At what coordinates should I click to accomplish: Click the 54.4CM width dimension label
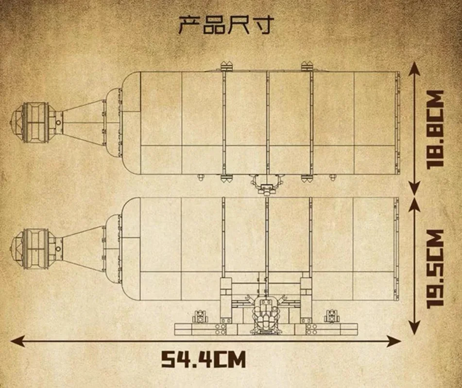203,359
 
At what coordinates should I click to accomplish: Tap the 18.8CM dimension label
435,129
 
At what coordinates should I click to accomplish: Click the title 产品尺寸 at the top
226,25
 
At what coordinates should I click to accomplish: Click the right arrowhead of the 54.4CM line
394,341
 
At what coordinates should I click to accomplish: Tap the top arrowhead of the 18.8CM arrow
415,70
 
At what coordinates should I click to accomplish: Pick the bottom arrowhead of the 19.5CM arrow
415,326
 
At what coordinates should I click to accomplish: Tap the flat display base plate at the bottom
266,329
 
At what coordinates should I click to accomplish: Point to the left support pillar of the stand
226,300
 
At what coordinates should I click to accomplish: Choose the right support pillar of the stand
306,300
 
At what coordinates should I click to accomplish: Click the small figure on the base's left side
200,317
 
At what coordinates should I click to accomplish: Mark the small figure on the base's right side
332,317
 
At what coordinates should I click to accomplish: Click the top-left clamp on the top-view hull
226,66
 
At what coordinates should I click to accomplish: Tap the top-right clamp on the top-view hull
307,66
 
